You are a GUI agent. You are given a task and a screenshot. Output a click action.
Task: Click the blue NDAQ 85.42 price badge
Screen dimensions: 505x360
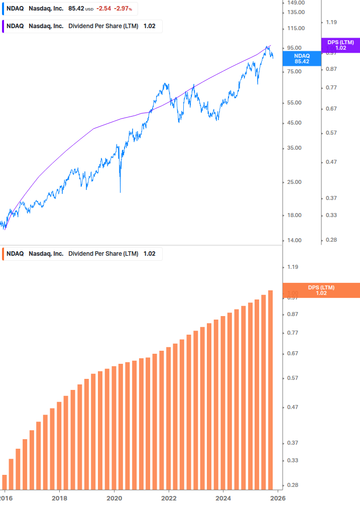pyautogui.click(x=302, y=58)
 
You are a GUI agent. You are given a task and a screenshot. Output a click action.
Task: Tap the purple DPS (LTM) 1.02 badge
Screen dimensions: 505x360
pyautogui.click(x=340, y=45)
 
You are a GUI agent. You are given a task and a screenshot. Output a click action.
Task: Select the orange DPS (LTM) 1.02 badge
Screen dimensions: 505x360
pyautogui.click(x=321, y=290)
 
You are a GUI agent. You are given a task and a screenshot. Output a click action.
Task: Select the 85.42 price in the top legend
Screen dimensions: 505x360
pyautogui.click(x=76, y=9)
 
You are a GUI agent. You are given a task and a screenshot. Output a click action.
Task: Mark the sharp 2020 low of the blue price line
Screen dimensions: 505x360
pyautogui.click(x=121, y=191)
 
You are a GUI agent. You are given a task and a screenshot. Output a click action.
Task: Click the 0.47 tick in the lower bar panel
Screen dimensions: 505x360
pyautogui.click(x=292, y=408)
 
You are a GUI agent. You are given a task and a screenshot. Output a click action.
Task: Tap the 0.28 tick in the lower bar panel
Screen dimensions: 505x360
pyautogui.click(x=292, y=485)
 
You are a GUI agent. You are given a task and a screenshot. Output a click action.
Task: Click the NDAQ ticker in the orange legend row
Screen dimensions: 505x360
pyautogui.click(x=15, y=254)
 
